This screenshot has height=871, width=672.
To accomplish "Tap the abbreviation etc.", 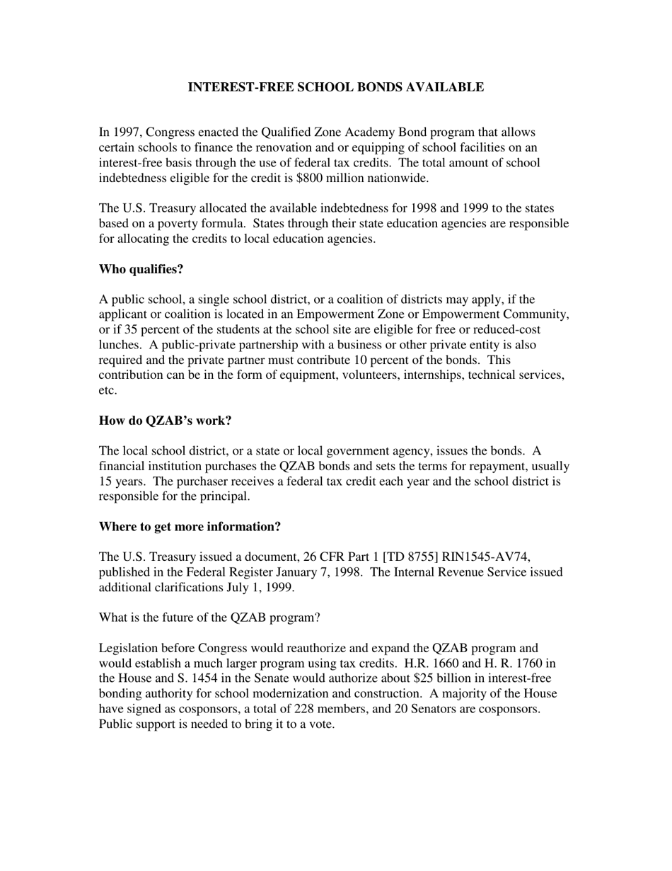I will point(108,390).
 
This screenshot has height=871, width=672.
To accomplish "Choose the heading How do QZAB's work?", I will point(165,421).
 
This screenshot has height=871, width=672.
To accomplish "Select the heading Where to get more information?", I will point(190,527).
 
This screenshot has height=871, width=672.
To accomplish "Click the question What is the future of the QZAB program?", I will point(209,617).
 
